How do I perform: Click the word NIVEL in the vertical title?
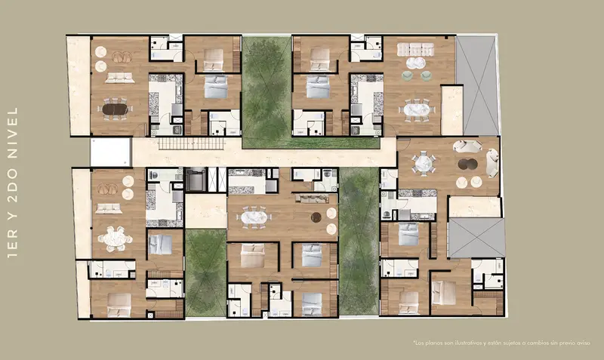(13, 133)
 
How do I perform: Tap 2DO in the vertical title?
(13, 186)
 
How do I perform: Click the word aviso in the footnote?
(584, 343)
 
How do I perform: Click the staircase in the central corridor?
(191, 143)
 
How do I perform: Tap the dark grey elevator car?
(196, 180)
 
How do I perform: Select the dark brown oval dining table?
(115, 109)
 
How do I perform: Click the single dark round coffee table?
(316, 217)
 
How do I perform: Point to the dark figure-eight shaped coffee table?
(467, 165)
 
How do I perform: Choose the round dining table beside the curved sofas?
(423, 163)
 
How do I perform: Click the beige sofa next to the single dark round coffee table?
(312, 198)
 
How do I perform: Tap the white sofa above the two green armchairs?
(416, 50)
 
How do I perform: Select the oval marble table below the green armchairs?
(417, 109)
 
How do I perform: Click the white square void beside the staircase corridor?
(111, 152)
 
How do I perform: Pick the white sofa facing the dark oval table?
(120, 78)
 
